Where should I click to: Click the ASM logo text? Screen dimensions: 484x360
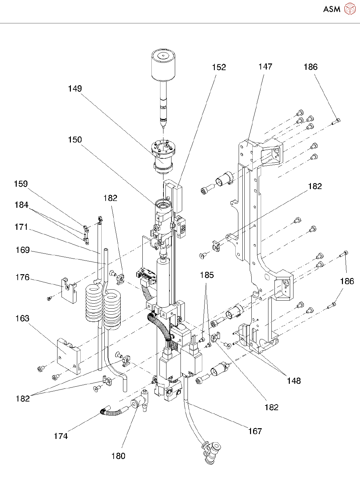click(x=332, y=9)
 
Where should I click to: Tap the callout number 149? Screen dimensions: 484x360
click(x=75, y=89)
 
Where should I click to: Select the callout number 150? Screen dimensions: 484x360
click(x=75, y=140)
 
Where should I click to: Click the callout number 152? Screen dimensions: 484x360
click(x=219, y=67)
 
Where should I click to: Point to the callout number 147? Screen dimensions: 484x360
click(x=265, y=67)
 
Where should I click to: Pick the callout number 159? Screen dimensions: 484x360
click(x=21, y=184)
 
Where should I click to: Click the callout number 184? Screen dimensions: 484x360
click(x=21, y=205)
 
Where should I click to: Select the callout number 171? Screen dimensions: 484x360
click(x=21, y=227)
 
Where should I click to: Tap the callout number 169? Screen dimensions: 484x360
click(x=23, y=250)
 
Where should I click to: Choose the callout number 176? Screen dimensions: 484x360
click(x=22, y=278)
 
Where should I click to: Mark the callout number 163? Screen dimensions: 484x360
click(x=22, y=319)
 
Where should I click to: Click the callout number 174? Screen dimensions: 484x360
click(x=61, y=436)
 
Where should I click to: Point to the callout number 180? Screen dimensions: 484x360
click(x=118, y=456)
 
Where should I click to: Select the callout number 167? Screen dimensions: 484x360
click(x=255, y=432)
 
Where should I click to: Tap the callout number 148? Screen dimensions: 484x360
click(x=294, y=381)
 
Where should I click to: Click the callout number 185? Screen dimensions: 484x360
click(x=207, y=275)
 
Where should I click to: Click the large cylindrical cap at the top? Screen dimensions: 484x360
click(x=163, y=65)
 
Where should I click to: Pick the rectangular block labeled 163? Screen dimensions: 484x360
click(x=69, y=356)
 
